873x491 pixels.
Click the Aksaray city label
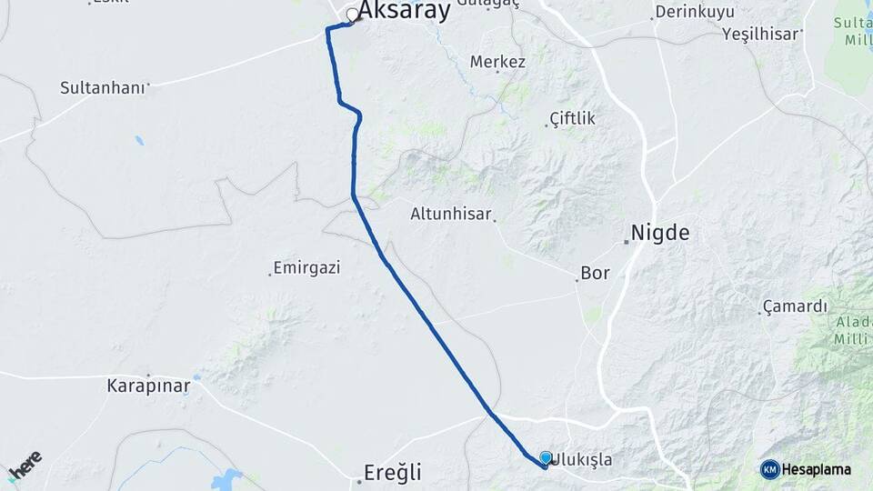point(405,11)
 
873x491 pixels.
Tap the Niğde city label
point(661,233)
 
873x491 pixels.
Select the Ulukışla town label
point(582,461)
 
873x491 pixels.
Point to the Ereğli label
point(391,473)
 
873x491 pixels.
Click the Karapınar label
point(148,386)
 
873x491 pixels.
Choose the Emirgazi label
point(306,268)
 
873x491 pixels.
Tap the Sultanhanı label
point(102,88)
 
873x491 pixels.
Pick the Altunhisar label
point(451,215)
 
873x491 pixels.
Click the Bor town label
point(595,273)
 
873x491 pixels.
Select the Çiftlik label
point(573,119)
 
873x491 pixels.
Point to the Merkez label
point(497,62)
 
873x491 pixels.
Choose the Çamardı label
point(795,306)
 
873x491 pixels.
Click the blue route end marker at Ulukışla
point(546,458)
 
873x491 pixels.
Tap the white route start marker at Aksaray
point(350,15)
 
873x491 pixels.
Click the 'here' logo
point(25,463)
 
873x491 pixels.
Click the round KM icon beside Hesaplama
point(770,469)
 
